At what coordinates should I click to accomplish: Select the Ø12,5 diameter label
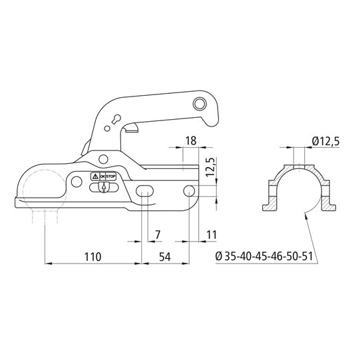[325, 141]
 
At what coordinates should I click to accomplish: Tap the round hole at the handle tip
[198, 103]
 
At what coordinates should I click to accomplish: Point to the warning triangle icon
[94, 177]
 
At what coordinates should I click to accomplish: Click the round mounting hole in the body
[188, 192]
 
